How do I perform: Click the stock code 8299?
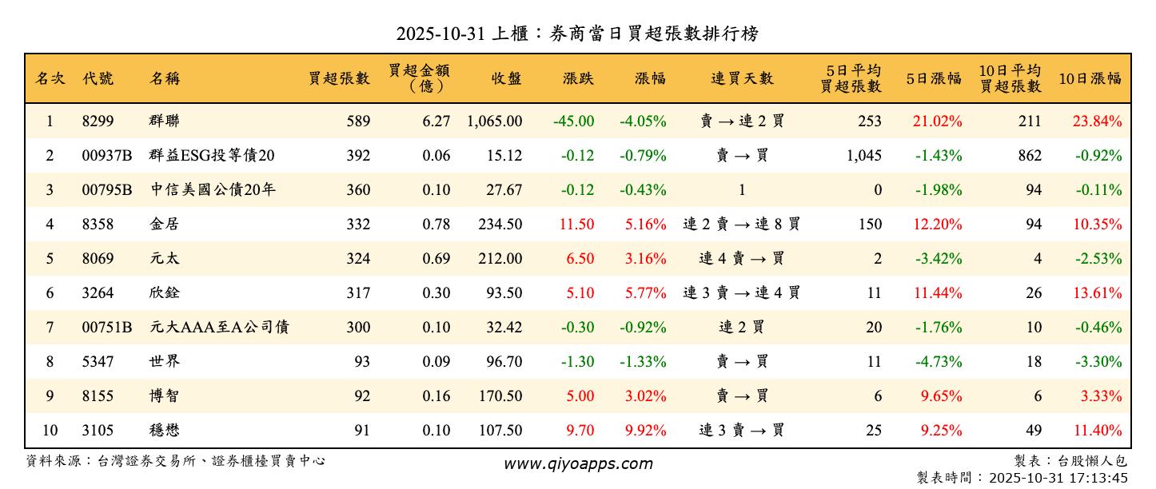98,121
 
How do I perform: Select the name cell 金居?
164,225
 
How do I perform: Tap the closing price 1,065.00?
495,121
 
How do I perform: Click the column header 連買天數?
742,78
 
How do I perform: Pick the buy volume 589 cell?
358,121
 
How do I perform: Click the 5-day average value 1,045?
863,156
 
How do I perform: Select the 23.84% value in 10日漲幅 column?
1097,121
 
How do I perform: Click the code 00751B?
106,328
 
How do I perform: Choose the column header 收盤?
506,78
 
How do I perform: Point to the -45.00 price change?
573,121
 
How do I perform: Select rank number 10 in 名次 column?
50,431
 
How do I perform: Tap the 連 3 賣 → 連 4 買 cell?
741,293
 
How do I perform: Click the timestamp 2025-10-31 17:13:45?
1058,479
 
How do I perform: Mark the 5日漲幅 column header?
933,78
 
